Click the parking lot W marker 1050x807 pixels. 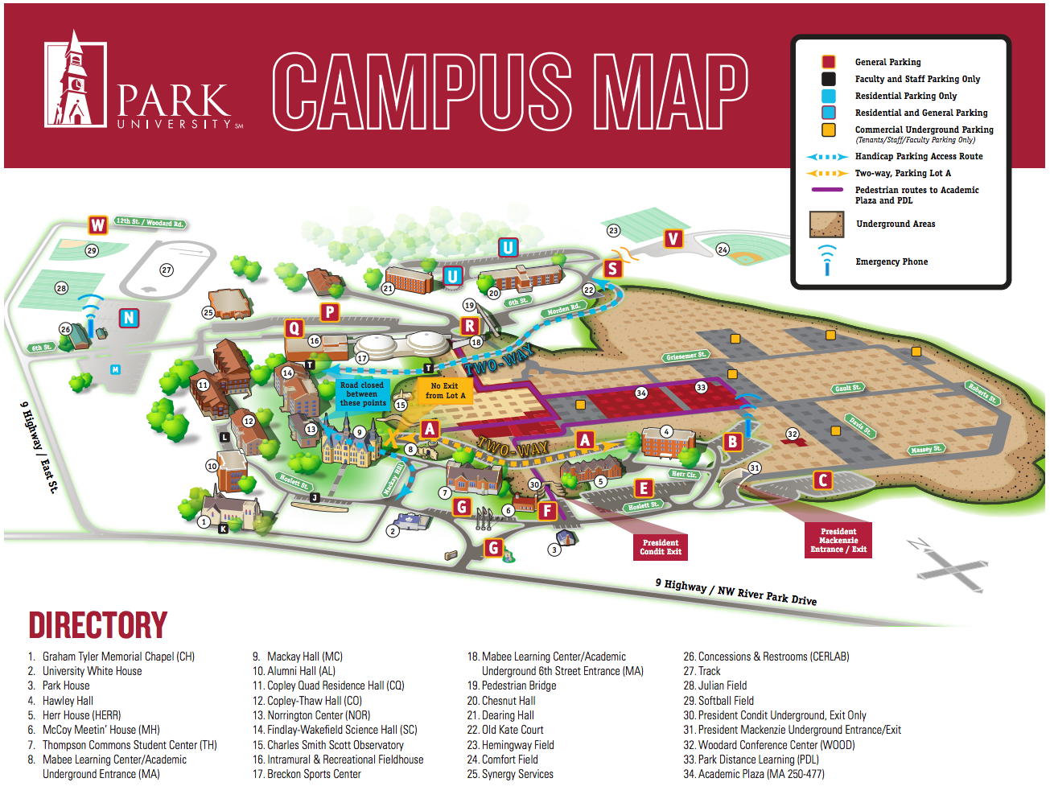point(98,225)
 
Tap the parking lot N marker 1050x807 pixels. point(129,318)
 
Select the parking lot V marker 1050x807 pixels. point(673,239)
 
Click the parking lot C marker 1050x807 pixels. point(822,480)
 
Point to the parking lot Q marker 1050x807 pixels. point(294,327)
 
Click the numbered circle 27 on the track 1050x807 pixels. point(167,270)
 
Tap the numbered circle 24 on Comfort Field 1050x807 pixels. point(723,249)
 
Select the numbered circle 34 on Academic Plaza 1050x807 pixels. point(641,393)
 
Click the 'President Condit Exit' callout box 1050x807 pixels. point(661,547)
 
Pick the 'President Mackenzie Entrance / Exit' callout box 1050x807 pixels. point(838,540)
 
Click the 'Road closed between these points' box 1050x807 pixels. point(362,394)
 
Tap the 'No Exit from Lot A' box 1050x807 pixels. point(445,390)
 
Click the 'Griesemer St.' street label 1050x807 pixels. point(686,356)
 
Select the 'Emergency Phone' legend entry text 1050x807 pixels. point(891,261)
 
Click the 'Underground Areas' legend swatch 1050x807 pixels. point(826,224)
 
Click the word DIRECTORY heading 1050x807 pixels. point(98,625)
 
